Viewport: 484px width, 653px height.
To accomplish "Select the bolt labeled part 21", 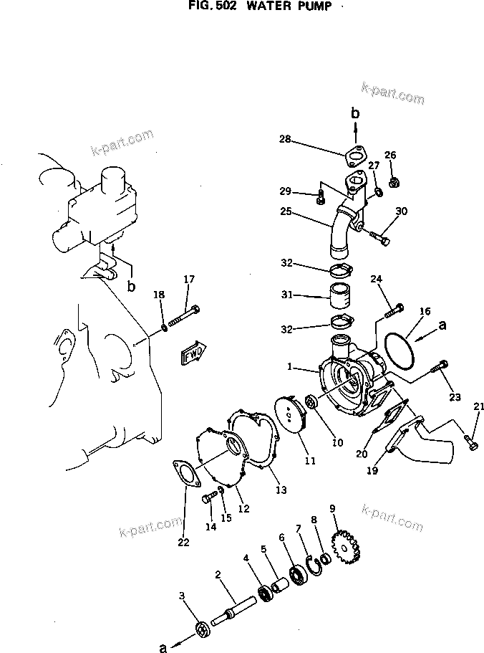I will pos(471,442).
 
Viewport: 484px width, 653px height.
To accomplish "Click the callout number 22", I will pos(184,542).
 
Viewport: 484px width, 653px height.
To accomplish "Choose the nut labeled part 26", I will pos(392,183).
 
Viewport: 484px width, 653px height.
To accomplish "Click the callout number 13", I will pos(281,490).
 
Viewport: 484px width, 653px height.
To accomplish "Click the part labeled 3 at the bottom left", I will pos(203,630).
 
